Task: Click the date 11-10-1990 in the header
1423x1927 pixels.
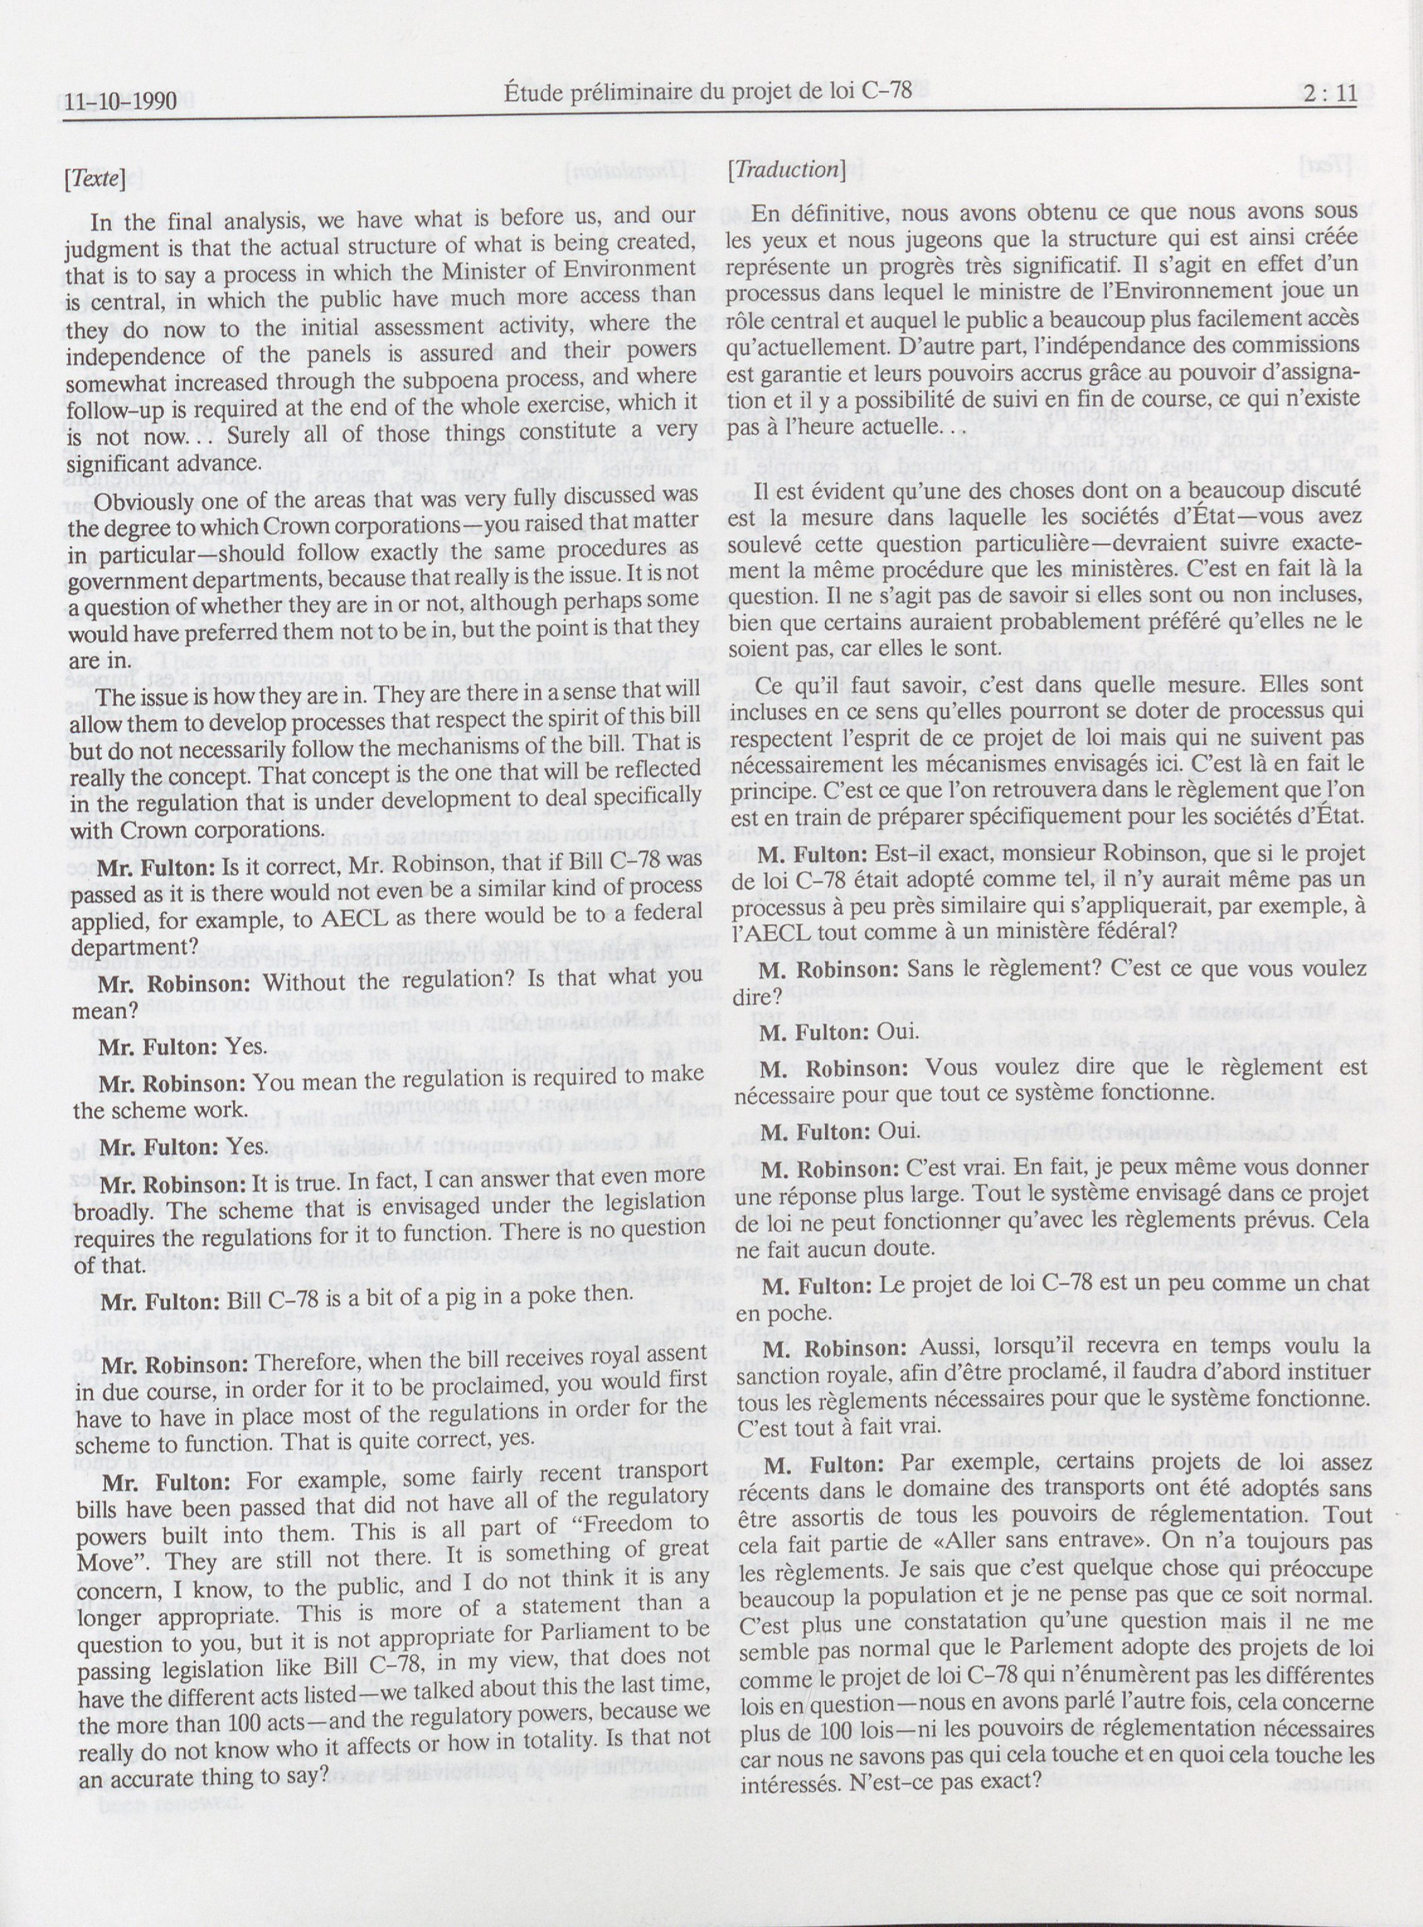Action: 121,101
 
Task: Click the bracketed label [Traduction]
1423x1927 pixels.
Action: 786,169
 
